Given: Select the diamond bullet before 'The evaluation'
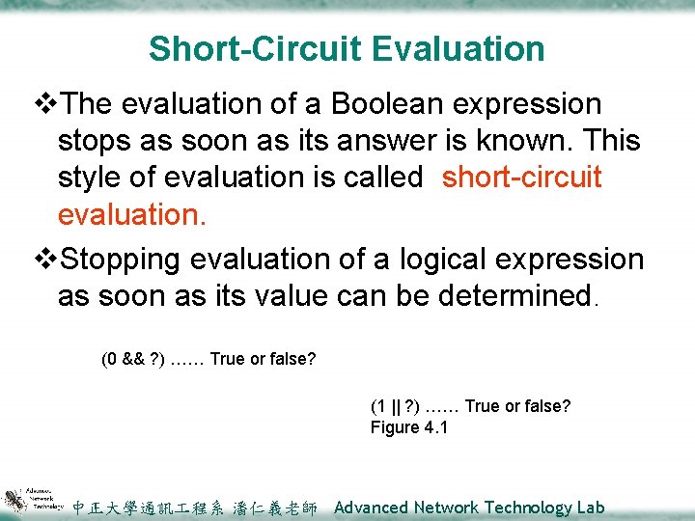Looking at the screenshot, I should coord(45,103).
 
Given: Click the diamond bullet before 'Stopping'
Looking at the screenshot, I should coord(45,260).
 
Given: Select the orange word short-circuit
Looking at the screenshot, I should coord(522,178).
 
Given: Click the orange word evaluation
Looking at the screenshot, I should coord(131,214).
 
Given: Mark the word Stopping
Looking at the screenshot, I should coord(128,260).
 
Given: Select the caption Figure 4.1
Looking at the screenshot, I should coord(409,427).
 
